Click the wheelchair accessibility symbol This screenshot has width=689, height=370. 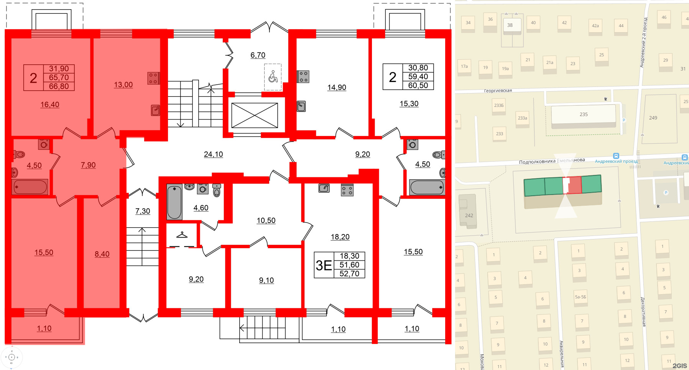273,77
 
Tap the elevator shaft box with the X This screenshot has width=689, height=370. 255,115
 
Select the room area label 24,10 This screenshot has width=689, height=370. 213,154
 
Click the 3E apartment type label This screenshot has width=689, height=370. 324,265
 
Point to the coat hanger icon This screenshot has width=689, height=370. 182,235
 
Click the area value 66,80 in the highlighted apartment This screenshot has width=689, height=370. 59,87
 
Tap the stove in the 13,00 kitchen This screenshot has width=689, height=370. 153,79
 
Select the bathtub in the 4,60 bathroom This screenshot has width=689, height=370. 174,202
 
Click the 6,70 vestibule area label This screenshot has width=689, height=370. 258,55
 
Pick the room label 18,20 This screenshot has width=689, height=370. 340,237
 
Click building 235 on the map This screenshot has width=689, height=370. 583,115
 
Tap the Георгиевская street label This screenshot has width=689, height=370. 498,91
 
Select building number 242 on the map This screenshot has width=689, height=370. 469,215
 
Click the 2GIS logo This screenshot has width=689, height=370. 679,366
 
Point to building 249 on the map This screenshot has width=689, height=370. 653,118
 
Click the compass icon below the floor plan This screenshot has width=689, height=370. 12,357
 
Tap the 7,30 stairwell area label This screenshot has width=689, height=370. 143,211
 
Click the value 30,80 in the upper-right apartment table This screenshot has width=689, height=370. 418,68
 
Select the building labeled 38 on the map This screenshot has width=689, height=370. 510,25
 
